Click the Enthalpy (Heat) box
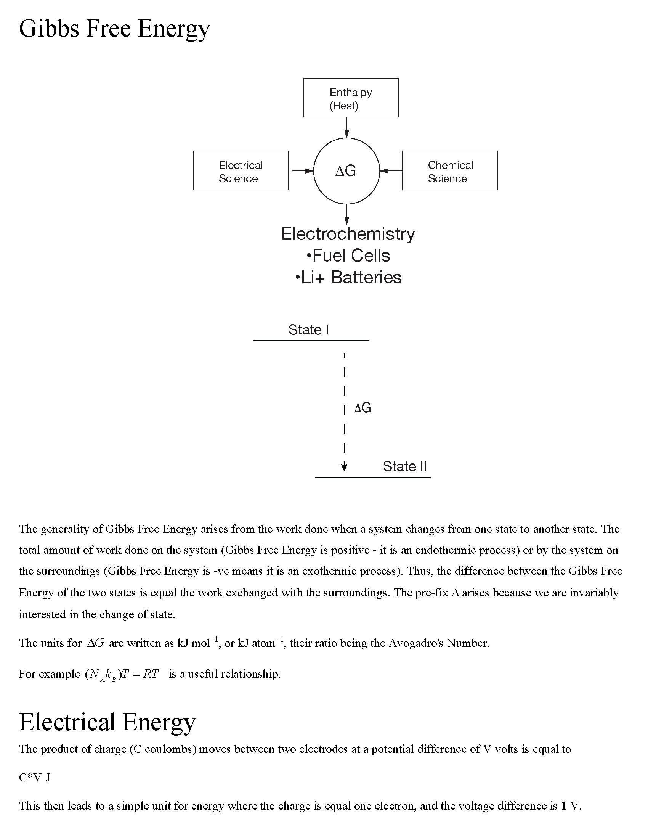(350, 98)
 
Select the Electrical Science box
(241, 170)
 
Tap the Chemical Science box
(449, 170)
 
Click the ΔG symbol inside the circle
(346, 170)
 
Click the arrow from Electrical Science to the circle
(303, 170)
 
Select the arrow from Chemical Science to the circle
(391, 170)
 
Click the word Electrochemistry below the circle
(348, 234)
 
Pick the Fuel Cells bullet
(348, 256)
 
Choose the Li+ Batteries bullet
(348, 277)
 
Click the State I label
(308, 329)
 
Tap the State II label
(404, 466)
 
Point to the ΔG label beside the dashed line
(362, 408)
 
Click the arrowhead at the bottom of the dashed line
(344, 467)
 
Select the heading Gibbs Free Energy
(114, 29)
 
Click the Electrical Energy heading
(107, 722)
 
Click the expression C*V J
(35, 778)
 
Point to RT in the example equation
(150, 674)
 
